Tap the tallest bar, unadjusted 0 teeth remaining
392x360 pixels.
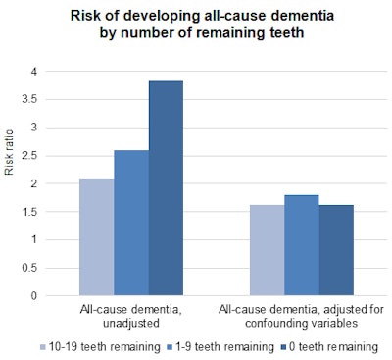(x=165, y=187)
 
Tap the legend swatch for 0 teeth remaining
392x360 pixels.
(x=286, y=346)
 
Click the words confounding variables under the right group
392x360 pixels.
(x=301, y=323)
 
